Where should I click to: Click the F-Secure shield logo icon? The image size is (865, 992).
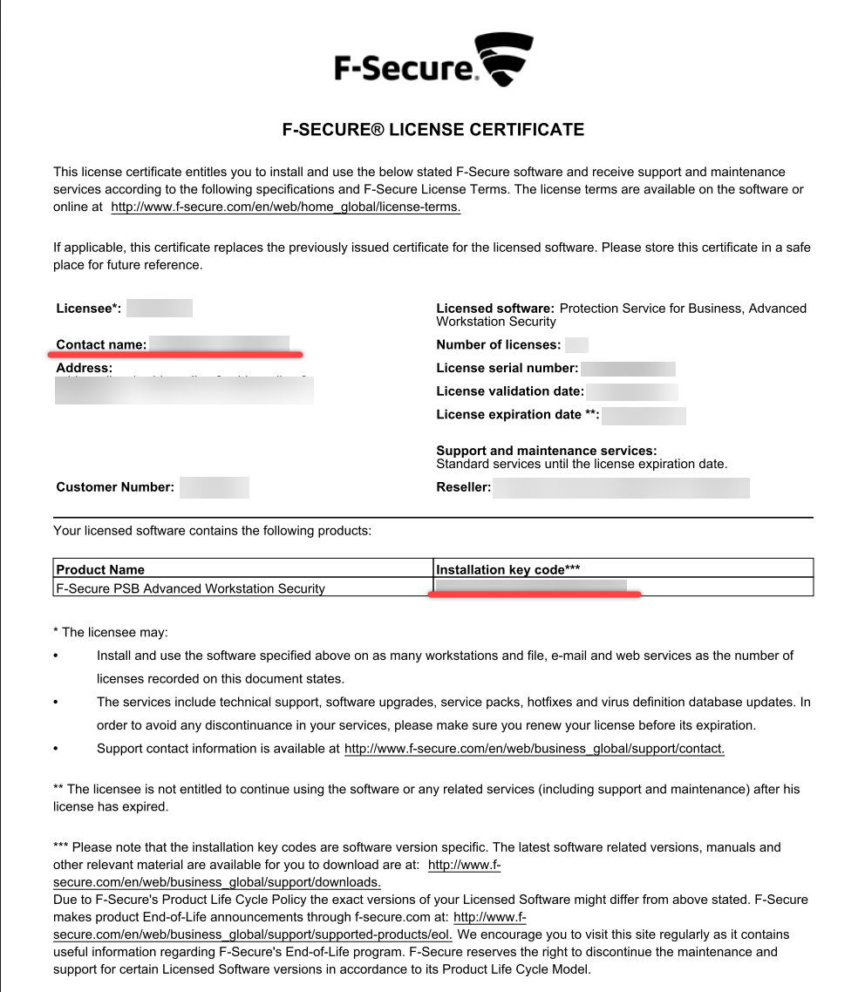tap(503, 59)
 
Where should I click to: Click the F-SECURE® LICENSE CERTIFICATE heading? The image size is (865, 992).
tap(432, 130)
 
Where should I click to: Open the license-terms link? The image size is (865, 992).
tap(285, 207)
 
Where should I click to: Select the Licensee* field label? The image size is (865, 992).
tap(88, 309)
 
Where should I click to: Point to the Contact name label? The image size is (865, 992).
tap(101, 345)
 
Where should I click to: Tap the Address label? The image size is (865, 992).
tap(84, 368)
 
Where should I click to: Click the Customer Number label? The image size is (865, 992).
tap(115, 487)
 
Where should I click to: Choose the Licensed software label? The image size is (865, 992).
tap(494, 309)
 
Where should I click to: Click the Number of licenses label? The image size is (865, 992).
tap(498, 345)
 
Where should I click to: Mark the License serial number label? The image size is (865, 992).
tap(507, 369)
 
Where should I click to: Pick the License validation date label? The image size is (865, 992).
tap(510, 391)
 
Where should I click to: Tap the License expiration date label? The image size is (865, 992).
tap(517, 415)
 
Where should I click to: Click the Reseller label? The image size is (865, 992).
tap(463, 487)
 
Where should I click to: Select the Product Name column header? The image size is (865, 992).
tap(100, 569)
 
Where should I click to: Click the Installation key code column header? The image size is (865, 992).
tap(507, 569)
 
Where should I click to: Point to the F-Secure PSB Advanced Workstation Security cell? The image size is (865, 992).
tap(190, 588)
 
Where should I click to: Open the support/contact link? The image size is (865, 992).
tap(535, 749)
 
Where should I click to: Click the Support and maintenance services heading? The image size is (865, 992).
tap(546, 451)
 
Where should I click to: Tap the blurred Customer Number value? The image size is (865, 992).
tap(215, 487)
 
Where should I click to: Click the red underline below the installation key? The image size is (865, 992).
tap(534, 595)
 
